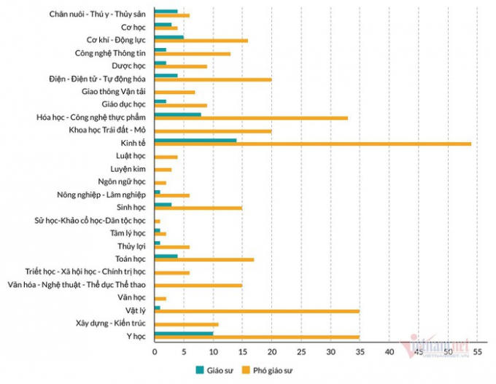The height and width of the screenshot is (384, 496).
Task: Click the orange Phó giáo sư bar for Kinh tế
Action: (314, 144)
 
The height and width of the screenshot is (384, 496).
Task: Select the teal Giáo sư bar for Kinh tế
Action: (195, 139)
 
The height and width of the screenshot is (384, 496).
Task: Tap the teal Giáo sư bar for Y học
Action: (184, 334)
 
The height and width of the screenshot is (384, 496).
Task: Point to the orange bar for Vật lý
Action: (257, 311)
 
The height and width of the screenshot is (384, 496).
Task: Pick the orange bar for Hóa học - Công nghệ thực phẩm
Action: (252, 118)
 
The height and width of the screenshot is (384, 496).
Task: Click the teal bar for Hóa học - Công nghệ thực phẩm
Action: (178, 114)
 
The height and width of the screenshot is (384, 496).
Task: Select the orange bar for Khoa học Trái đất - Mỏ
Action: (213, 131)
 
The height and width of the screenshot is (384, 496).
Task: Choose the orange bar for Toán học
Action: (204, 259)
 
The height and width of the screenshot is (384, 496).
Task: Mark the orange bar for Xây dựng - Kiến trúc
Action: (187, 324)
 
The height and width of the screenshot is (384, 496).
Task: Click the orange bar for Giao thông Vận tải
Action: (175, 93)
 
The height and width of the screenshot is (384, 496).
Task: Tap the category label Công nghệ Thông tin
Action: (110, 53)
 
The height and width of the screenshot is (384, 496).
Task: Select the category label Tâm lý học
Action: (128, 233)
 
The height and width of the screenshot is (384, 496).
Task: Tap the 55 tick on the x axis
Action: (477, 352)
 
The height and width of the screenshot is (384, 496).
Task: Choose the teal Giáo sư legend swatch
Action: (200, 370)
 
